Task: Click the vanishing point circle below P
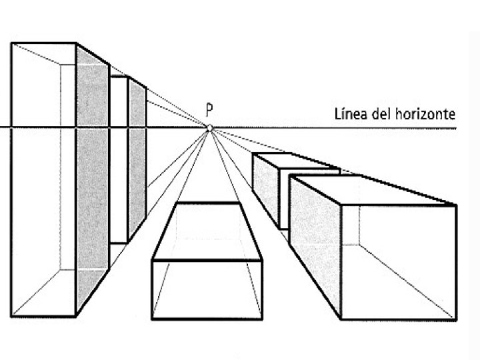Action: pos(209,127)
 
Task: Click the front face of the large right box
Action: pos(398,260)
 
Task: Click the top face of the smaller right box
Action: pos(297,163)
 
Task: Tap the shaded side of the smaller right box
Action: pos(269,190)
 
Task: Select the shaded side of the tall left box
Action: pos(93,180)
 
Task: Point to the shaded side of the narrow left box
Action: pos(137,160)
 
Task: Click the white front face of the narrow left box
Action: pos(119,160)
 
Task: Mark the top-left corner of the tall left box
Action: pos(11,43)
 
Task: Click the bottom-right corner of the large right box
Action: pos(457,318)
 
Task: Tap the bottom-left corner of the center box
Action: pos(153,317)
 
